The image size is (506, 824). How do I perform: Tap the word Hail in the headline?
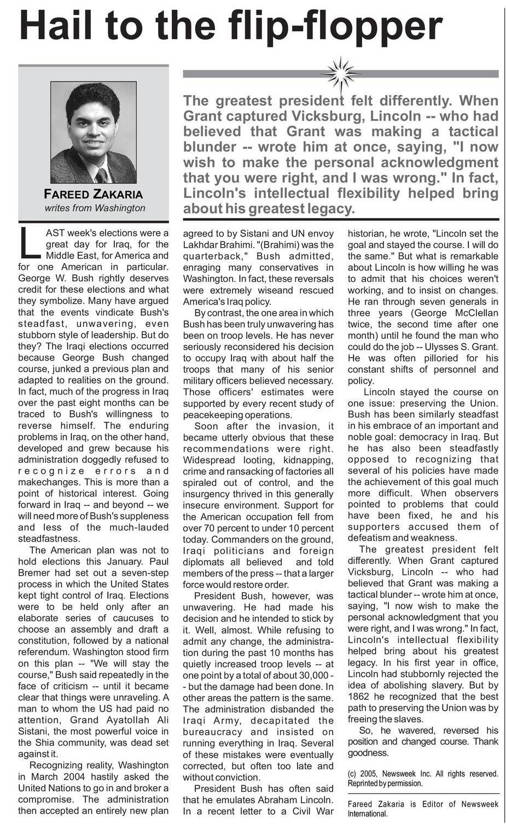tap(60, 26)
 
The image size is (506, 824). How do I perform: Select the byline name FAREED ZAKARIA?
tap(93, 195)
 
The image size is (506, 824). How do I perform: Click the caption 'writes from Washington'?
tap(95, 208)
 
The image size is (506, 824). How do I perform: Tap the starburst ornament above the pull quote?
tap(340, 73)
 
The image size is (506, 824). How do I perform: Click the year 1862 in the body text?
tap(360, 697)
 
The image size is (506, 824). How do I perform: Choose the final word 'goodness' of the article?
tap(368, 753)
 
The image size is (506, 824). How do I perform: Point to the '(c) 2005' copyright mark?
tap(367, 774)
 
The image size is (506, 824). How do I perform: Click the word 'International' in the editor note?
tap(367, 814)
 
